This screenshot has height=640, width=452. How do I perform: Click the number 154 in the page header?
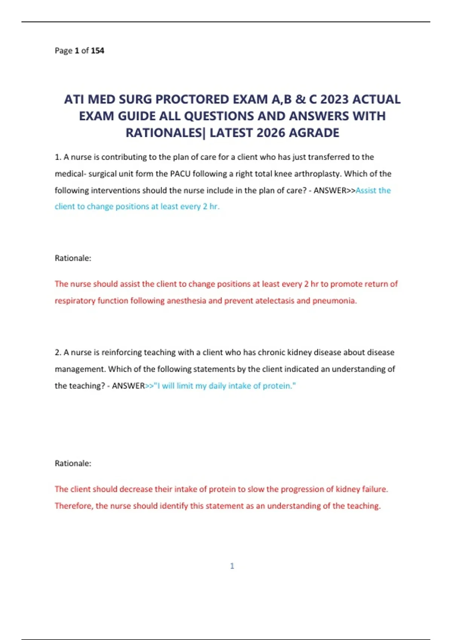pos(98,50)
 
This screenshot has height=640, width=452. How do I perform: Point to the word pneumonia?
pos(334,301)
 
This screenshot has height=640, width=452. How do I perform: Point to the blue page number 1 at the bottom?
pos(232,566)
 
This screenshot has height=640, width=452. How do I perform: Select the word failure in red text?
pos(374,489)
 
